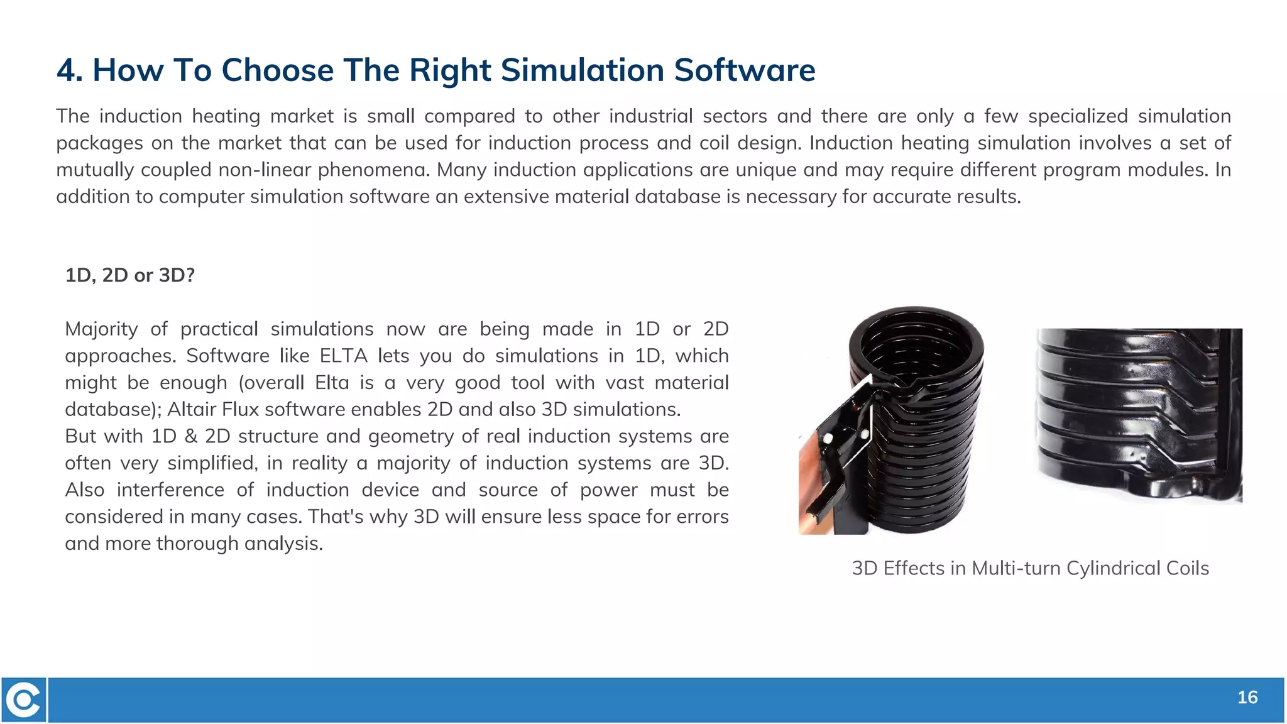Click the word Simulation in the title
[582, 70]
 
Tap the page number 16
[1247, 698]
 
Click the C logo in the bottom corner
[24, 699]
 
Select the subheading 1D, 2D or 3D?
[130, 275]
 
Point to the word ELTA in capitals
[343, 356]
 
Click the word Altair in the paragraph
[192, 409]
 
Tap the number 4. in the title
[70, 70]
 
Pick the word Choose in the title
[277, 70]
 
